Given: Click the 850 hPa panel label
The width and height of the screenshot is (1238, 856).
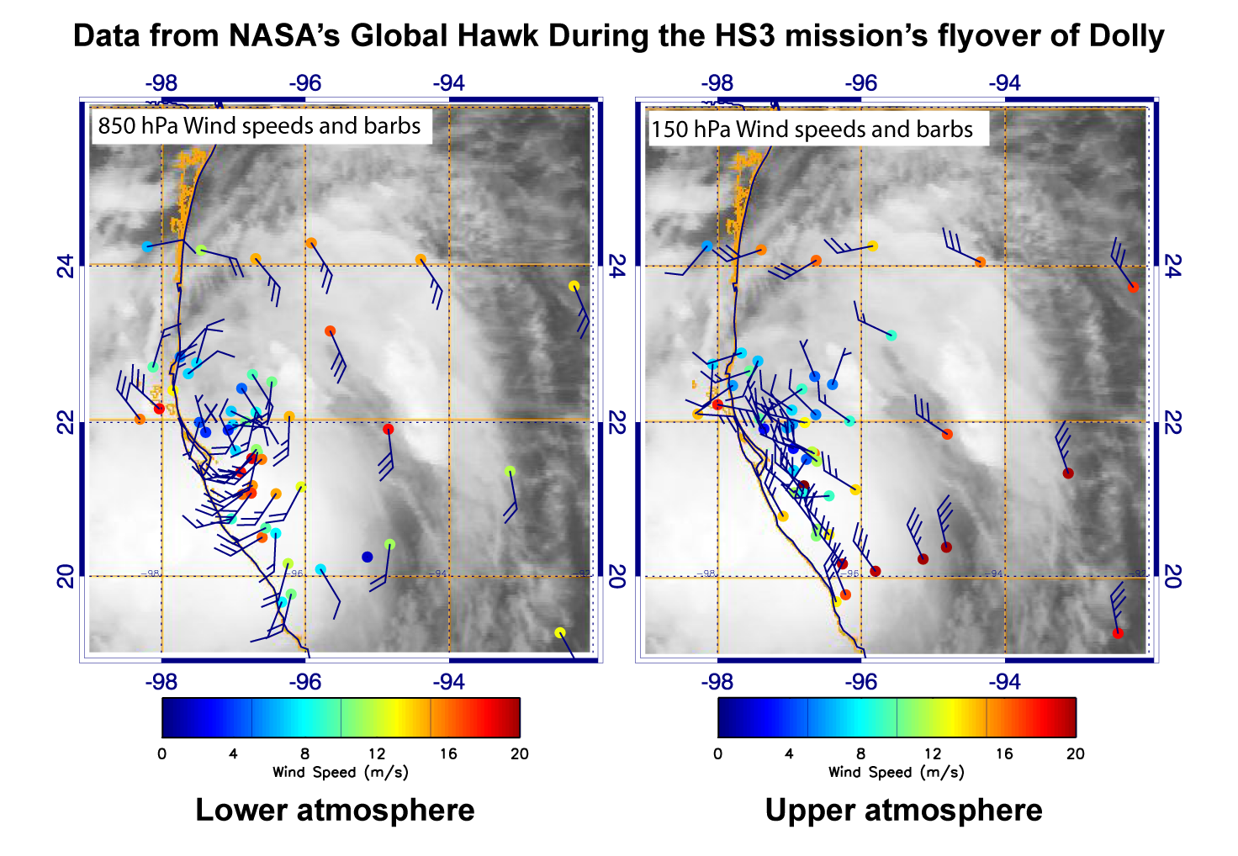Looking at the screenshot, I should coord(259,126).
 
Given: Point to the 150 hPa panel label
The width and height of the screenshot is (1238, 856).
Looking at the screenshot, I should coord(812,129).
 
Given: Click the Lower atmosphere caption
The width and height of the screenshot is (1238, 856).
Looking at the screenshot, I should coord(335,810).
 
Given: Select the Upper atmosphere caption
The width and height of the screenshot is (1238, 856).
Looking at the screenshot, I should coord(903,810).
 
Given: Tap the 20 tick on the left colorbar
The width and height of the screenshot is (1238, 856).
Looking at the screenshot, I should coord(519,753).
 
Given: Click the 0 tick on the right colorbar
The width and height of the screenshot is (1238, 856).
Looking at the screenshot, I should coord(717,753).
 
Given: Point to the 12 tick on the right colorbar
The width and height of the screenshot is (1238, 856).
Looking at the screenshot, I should coord(932,753).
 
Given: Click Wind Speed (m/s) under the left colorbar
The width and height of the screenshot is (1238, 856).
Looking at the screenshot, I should coord(340,772).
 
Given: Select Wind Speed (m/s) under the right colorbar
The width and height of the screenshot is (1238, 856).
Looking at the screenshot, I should coord(896,772).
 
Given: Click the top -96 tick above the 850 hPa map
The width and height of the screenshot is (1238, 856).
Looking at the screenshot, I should coord(304,83).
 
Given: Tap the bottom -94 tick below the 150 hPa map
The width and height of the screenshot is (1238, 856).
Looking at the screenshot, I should coord(1004,681).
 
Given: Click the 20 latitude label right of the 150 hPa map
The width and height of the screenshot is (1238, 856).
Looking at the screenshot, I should coord(1174,576).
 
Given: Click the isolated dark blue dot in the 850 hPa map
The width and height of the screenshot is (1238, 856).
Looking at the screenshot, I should coord(367,557).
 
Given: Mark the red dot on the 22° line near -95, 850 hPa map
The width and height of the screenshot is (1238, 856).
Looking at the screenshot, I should coord(388,429).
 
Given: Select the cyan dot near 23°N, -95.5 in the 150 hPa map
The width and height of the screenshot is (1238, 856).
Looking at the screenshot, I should coord(891,336).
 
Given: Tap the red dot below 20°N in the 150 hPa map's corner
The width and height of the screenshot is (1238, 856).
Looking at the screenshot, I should coord(1118,633).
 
